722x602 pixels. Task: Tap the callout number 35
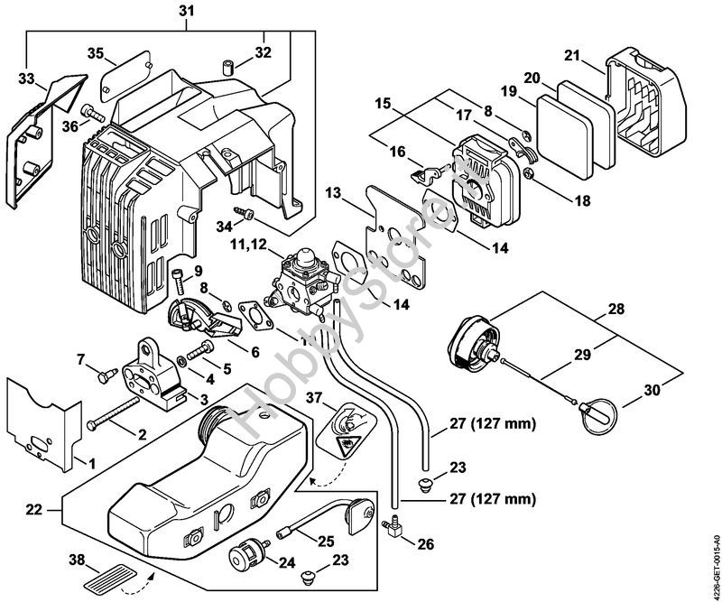[95, 53]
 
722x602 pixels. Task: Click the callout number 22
[34, 510]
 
